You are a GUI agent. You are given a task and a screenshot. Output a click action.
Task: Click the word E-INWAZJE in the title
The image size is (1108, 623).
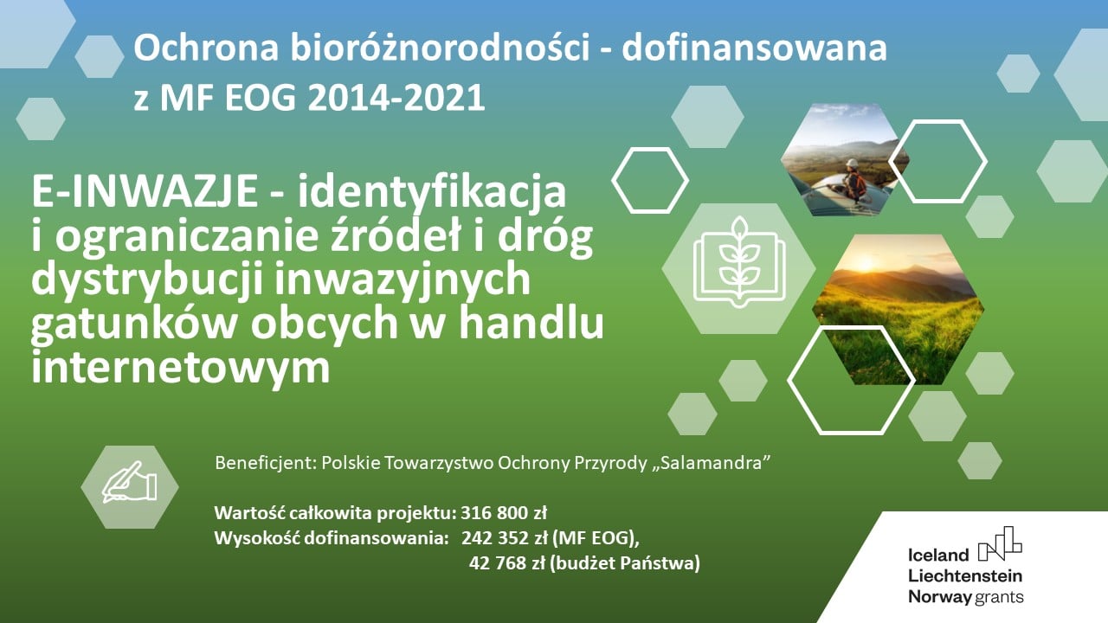(145, 192)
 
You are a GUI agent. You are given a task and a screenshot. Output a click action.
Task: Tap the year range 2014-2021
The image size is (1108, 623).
(396, 98)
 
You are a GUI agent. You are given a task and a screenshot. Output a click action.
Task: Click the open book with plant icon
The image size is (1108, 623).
(739, 262)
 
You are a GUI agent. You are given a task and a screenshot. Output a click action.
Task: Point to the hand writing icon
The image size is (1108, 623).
(130, 483)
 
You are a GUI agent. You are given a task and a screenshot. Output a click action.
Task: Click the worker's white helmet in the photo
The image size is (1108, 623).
(851, 163)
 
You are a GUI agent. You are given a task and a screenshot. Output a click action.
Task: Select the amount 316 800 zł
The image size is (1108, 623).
(504, 513)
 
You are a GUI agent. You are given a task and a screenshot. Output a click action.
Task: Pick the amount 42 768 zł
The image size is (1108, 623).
(507, 563)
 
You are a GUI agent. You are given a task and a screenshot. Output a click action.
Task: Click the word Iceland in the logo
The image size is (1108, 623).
(938, 556)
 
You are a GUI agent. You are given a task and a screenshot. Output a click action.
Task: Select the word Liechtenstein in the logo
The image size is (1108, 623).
(965, 576)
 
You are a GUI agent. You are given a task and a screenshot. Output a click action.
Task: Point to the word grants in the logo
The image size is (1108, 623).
(999, 597)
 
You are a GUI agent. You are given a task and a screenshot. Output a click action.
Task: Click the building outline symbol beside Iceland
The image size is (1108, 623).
(1000, 543)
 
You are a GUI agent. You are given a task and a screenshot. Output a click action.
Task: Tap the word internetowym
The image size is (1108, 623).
(181, 368)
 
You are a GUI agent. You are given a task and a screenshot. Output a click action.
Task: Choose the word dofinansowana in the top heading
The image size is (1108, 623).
(754, 49)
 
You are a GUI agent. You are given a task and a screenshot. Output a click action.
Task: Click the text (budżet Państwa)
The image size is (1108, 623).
(625, 563)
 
